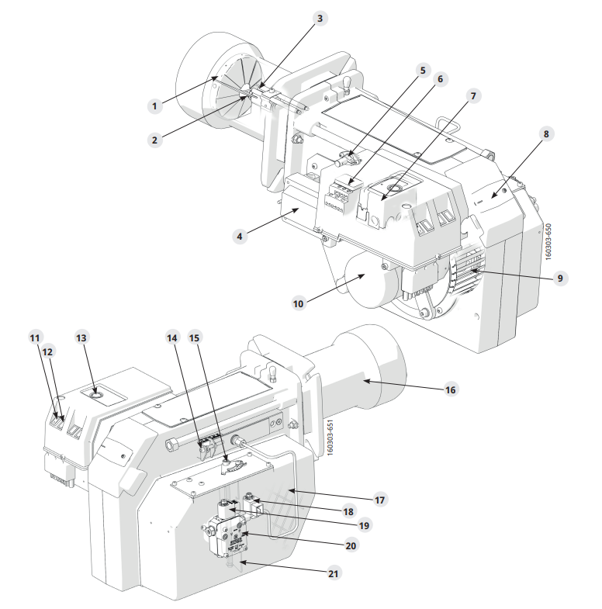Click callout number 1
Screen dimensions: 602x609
point(154,106)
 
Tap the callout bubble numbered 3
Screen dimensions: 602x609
point(320,19)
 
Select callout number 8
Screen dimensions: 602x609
point(546,134)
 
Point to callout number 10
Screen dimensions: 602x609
point(298,303)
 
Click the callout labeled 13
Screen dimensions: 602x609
point(81,338)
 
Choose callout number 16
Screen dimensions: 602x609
point(450,389)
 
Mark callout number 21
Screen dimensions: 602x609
point(334,573)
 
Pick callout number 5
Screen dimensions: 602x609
point(423,71)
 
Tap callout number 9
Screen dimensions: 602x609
point(560,278)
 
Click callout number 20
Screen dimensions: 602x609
point(351,545)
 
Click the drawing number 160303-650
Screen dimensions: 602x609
point(548,242)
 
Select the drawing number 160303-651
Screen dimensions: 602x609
point(330,437)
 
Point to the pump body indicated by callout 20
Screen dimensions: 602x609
point(227,538)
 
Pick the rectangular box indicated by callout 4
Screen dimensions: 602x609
point(299,206)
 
